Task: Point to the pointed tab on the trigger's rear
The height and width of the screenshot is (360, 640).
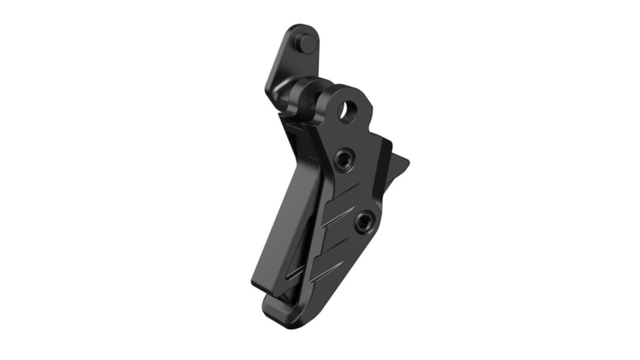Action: tap(400, 164)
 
